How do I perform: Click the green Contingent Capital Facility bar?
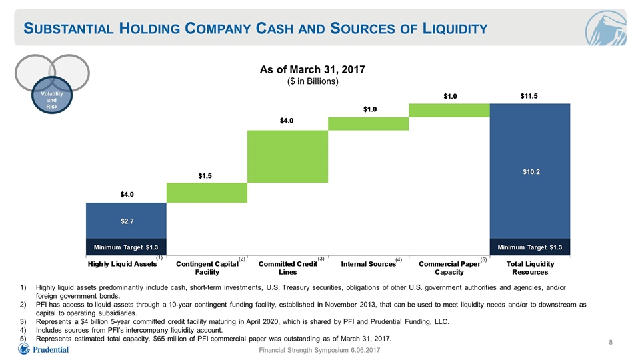coord(207,193)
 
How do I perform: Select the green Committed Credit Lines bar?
coord(288,157)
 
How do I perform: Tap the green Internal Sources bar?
coord(369,124)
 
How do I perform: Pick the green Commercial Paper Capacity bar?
coord(449,110)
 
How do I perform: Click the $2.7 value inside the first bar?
coord(127,221)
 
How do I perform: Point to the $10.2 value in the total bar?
coord(531,172)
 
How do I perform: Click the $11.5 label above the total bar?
coord(529,96)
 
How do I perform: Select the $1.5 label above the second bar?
coord(205,175)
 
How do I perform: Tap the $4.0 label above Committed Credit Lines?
coord(287,121)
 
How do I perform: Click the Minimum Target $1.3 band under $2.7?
coord(126,247)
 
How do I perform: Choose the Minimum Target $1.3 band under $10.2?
coord(530,247)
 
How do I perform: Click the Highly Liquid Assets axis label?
coord(123,264)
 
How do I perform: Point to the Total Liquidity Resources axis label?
coord(530,268)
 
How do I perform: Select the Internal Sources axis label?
coord(369,264)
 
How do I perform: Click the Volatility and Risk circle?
coord(52,95)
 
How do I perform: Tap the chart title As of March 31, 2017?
coord(313,69)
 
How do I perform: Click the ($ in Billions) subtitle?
coord(313,81)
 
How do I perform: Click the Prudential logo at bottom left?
coord(43,349)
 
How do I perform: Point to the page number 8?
coord(611,342)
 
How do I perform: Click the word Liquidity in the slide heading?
coord(455,29)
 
